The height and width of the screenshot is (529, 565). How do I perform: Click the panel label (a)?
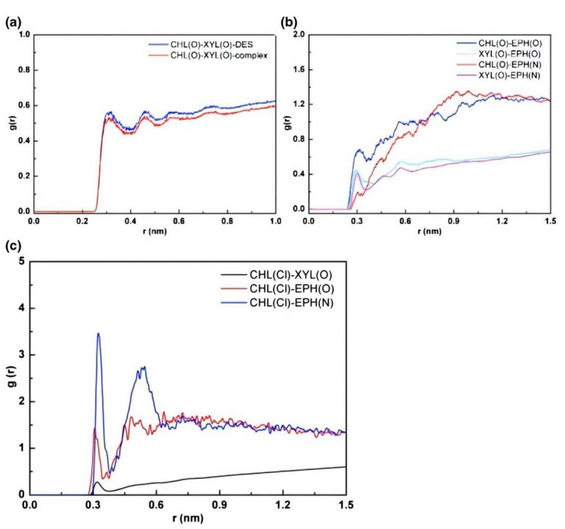point(11,22)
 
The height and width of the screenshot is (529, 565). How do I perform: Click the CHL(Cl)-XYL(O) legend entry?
point(277,275)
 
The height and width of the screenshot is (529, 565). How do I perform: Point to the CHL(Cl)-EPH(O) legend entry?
point(278,288)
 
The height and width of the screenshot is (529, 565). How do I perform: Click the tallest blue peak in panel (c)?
point(98,334)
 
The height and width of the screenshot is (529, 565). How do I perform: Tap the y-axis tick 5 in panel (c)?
point(24,261)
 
